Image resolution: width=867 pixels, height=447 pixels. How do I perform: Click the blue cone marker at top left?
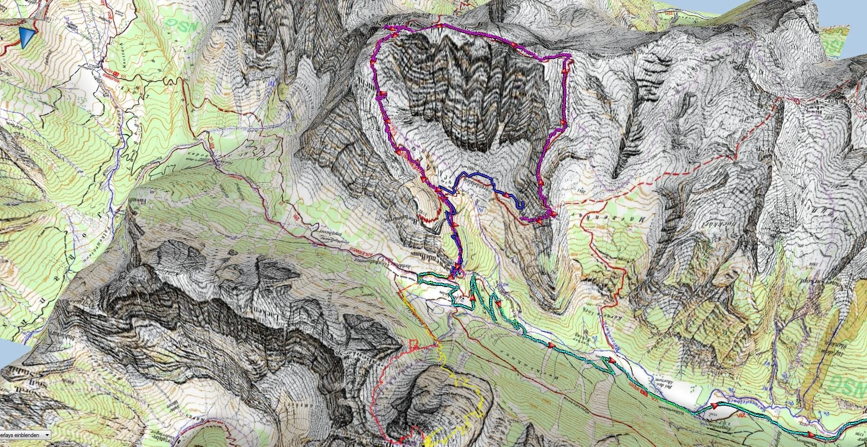(27, 38)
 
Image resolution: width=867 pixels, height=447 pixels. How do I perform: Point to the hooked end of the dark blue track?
(521, 205)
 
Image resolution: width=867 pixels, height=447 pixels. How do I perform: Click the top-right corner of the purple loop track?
(568, 56)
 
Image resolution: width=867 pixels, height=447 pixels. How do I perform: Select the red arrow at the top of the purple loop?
(440, 27)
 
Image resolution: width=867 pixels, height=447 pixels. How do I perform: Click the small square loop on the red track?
(413, 344)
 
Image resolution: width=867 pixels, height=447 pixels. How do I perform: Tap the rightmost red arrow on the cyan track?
(811, 434)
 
